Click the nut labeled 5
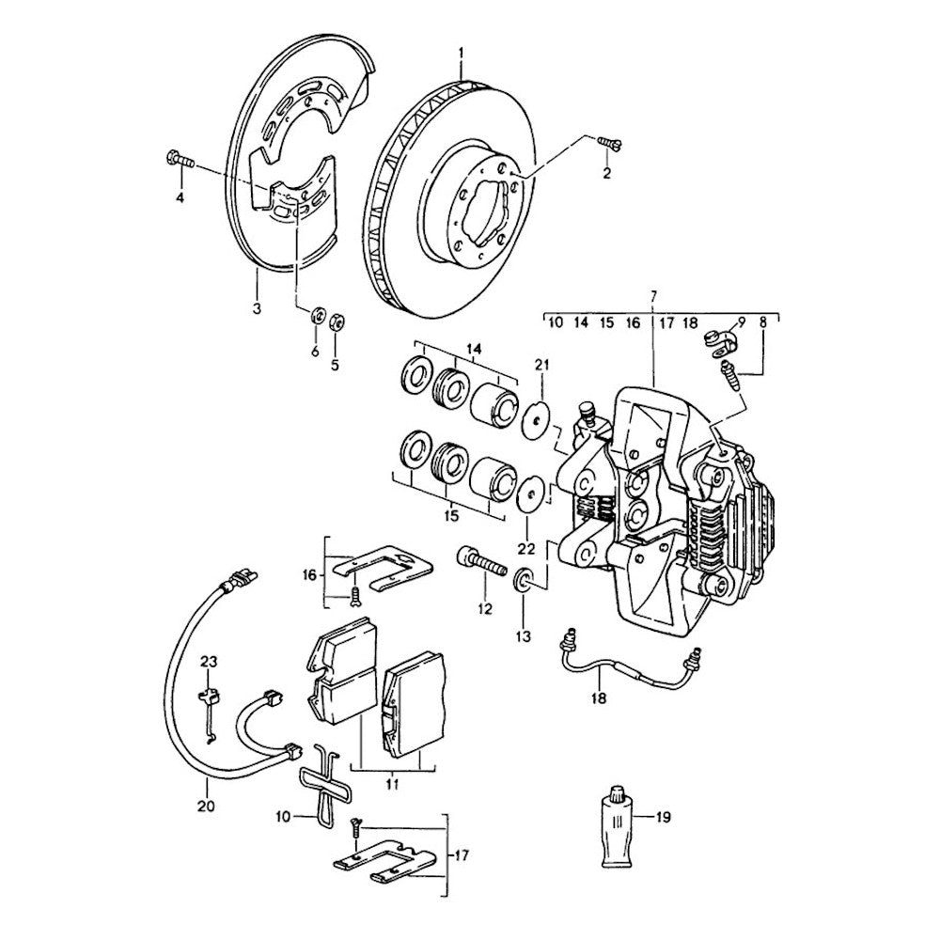337,321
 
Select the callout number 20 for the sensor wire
207,806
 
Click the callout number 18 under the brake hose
600,698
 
